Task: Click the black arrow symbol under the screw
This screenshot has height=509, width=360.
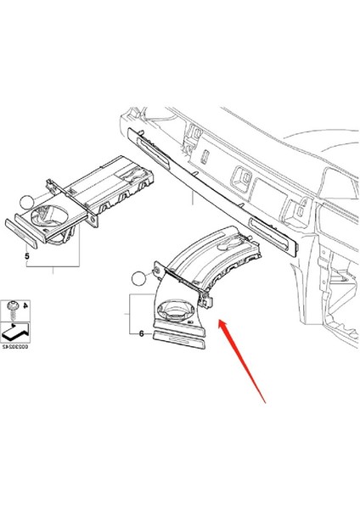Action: pyautogui.click(x=16, y=322)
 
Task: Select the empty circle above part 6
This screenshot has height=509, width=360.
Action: pyautogui.click(x=141, y=277)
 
